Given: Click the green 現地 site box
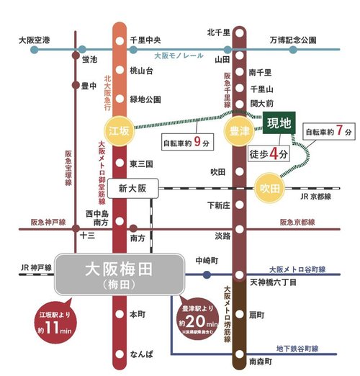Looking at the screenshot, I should pyautogui.click(x=278, y=124).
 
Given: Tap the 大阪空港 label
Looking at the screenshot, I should pyautogui.click(x=35, y=41).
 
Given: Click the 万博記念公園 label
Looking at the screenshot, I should pyautogui.click(x=294, y=41).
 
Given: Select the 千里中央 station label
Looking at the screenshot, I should pyautogui.click(x=145, y=41).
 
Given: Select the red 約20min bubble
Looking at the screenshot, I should pyautogui.click(x=196, y=311).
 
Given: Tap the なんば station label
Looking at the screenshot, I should pyautogui.click(x=141, y=355).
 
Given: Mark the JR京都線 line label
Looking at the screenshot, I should pyautogui.click(x=319, y=195).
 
